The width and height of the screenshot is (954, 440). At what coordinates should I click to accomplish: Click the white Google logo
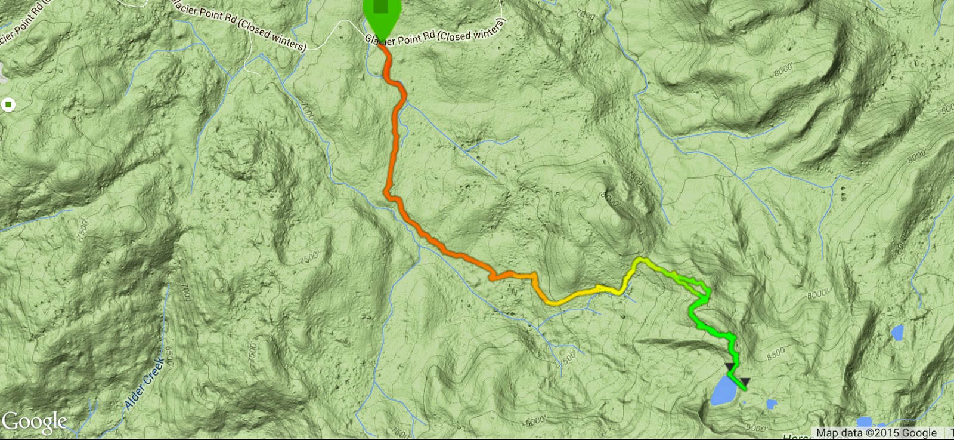[x=34, y=422]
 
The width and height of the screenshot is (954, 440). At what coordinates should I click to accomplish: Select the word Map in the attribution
[x=827, y=433]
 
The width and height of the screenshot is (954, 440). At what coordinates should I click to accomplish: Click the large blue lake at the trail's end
[x=723, y=391]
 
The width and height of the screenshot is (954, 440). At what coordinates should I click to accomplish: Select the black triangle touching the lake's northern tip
[x=729, y=367]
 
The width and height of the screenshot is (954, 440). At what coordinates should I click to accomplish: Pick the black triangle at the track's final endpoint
[x=745, y=381]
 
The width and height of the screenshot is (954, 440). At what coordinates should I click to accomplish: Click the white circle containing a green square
[x=8, y=105]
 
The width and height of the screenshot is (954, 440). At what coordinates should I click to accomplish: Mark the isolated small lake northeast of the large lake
[x=897, y=333]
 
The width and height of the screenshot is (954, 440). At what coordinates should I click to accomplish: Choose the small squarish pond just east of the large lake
[x=771, y=405]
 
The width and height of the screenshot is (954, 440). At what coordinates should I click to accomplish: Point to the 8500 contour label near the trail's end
[x=776, y=353]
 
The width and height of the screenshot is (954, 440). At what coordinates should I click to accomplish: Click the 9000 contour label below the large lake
[x=755, y=427]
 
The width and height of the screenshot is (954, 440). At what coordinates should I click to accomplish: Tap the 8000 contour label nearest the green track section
[x=816, y=294]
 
